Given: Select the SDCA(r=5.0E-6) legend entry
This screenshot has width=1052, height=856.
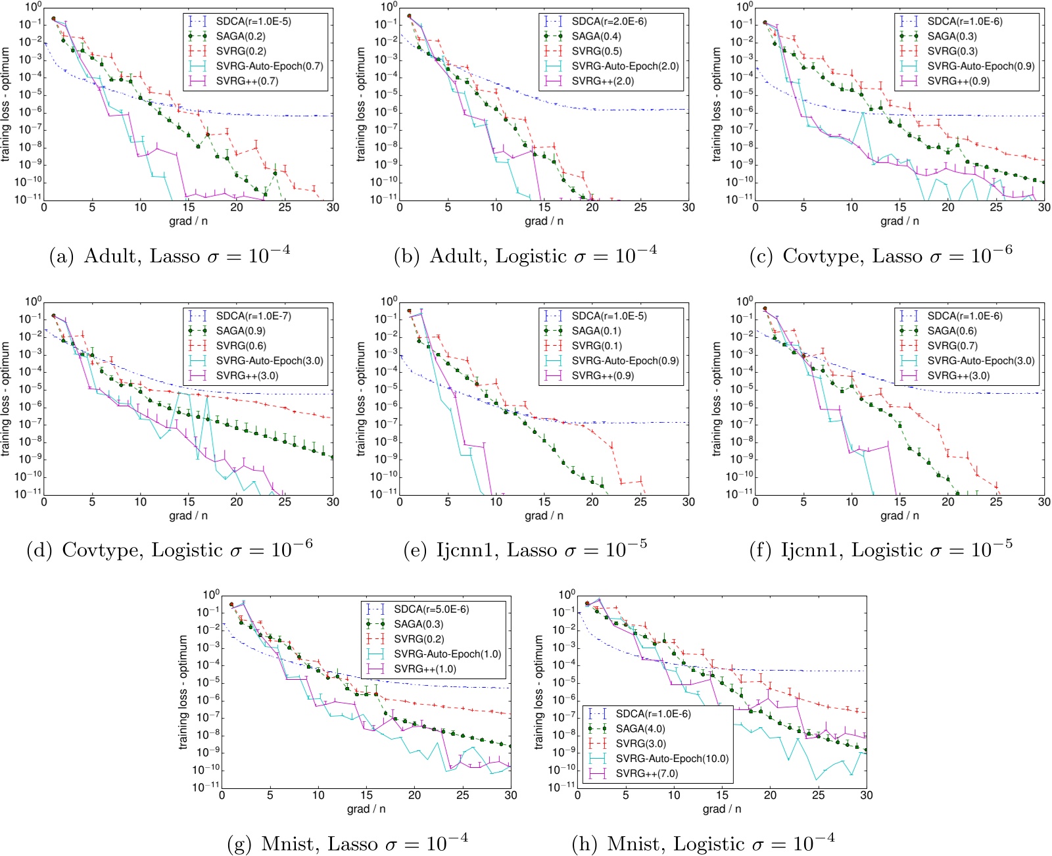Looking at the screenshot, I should [x=431, y=609].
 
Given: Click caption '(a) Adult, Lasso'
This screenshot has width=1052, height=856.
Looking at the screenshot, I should [x=170, y=255].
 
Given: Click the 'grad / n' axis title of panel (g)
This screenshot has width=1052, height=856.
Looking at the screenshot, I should [x=366, y=809].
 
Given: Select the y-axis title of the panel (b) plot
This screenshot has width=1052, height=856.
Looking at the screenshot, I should [x=361, y=104].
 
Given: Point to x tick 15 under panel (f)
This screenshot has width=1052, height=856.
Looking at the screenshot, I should [x=899, y=502].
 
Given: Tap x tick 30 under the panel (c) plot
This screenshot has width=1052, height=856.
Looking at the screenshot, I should [x=1043, y=207].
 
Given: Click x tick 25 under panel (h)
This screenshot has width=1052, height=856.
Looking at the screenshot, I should [x=818, y=795].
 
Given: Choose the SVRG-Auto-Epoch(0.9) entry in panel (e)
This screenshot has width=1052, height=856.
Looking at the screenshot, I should [x=625, y=360].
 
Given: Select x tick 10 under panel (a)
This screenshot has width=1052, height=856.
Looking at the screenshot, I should [x=140, y=207].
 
